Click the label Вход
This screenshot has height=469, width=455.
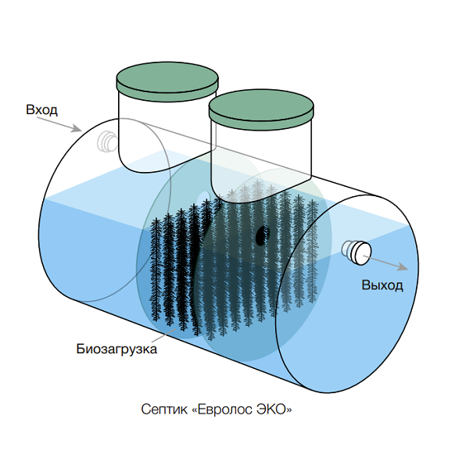tap(41, 109)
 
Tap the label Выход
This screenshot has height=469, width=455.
tap(382, 285)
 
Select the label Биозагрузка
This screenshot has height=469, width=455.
tap(116, 349)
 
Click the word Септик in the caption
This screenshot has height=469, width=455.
tap(164, 409)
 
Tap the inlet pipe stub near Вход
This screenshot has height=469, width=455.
tap(107, 141)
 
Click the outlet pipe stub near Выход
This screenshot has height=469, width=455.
tap(356, 252)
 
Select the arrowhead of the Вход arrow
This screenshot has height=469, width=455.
tap(77, 128)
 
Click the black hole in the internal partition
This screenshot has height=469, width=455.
tap(263, 235)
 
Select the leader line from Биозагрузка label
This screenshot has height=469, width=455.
tap(164, 335)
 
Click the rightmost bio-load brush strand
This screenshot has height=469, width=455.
tap(312, 251)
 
